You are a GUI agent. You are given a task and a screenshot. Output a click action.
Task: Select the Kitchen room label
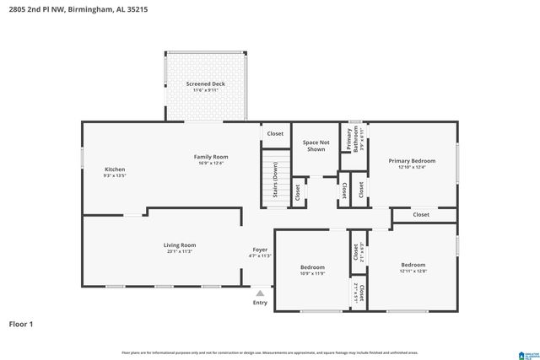(115, 172)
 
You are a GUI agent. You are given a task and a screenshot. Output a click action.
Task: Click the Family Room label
(211, 160)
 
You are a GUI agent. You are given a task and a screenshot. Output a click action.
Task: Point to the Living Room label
(180, 248)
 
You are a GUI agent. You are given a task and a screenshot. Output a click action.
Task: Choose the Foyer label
(261, 252)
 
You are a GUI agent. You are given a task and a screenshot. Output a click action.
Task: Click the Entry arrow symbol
(260, 293)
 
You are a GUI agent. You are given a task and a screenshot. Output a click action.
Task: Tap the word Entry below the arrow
(260, 303)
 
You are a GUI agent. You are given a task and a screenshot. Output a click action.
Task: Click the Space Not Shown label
(316, 146)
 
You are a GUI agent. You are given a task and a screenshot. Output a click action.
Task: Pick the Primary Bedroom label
(412, 164)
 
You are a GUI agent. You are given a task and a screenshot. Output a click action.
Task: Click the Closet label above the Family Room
(275, 134)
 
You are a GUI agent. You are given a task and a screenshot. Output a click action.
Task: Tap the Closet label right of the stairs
(298, 192)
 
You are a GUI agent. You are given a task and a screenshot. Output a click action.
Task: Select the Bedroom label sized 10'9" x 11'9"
(312, 271)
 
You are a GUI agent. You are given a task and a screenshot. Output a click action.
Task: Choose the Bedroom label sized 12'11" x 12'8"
(413, 268)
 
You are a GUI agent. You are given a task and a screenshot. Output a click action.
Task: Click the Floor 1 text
(21, 323)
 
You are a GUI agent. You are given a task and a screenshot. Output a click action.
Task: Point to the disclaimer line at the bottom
(270, 352)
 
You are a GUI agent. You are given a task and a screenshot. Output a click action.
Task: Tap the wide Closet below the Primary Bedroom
(421, 215)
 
